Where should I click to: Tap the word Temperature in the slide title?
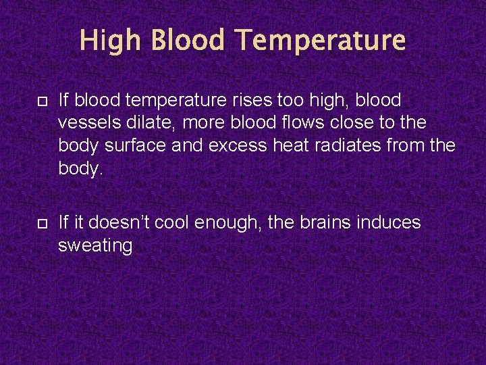[x=321, y=41]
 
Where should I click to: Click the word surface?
[x=139, y=145]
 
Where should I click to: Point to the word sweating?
[x=95, y=245]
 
